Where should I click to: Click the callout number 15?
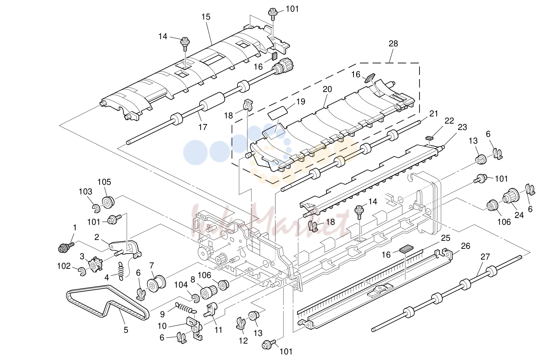coord(206,17)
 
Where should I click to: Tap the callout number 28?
coord(393,44)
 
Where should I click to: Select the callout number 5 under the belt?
coord(126,330)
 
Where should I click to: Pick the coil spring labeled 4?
coord(121,271)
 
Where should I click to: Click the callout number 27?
coord(485,257)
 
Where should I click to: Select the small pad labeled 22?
coord(429,138)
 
